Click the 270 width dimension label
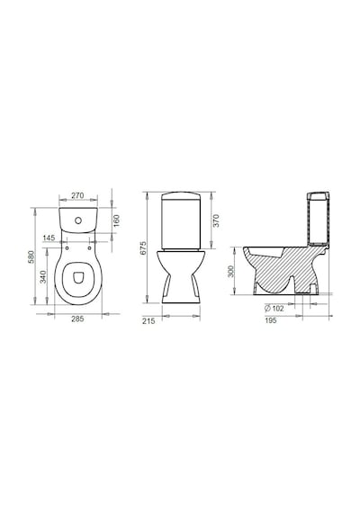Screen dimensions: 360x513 click(77, 195)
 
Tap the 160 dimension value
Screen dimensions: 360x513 click(116, 220)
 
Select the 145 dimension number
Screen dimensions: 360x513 click(49, 238)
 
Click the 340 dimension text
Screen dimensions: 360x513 click(43, 276)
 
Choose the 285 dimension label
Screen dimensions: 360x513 click(77, 319)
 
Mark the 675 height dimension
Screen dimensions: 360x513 click(143, 248)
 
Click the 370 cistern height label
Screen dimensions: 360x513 click(216, 220)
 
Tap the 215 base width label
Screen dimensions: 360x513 click(148, 321)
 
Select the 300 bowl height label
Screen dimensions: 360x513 click(230, 272)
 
